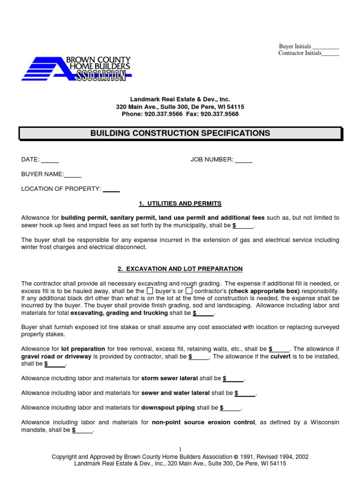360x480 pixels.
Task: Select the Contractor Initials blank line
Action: click(x=330, y=53)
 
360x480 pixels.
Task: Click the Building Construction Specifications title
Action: click(x=180, y=133)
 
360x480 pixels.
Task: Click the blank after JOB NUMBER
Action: click(x=243, y=160)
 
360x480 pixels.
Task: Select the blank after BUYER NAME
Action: click(x=73, y=174)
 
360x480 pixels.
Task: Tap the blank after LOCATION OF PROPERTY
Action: click(x=111, y=189)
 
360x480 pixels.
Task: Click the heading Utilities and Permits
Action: click(x=180, y=203)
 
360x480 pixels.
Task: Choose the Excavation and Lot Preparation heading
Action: click(x=180, y=269)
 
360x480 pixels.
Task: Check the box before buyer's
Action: click(x=150, y=291)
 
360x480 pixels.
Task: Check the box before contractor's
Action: click(x=189, y=291)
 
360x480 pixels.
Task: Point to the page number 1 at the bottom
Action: click(x=180, y=449)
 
